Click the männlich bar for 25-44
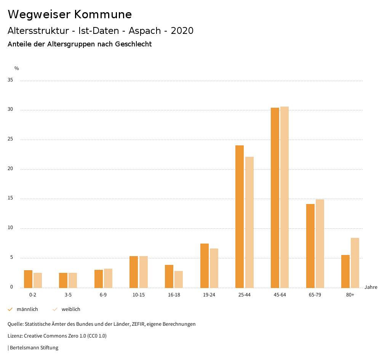coord(240,217)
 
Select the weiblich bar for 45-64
coord(285,197)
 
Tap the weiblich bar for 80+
coord(355,263)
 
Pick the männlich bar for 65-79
coord(310,246)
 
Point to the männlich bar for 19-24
coord(205,266)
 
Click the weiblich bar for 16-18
coord(179,279)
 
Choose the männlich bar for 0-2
coord(28,279)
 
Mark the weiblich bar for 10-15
coord(144,272)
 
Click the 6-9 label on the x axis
coord(103,295)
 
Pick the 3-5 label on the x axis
coord(68,295)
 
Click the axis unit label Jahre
coord(371,287)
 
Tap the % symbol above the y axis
coord(17,68)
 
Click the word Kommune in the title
coord(103,14)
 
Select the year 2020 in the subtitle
coord(182,31)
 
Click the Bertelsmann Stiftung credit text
coord(34,348)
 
